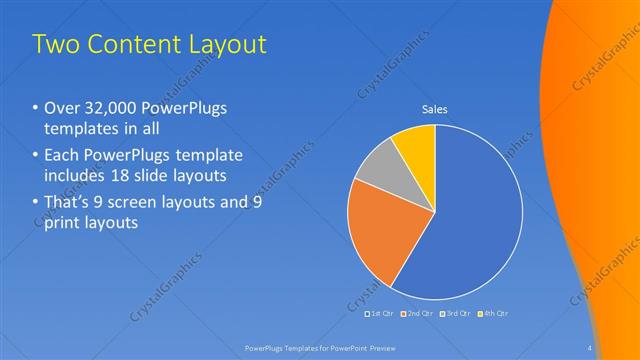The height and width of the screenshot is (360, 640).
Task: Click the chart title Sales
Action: click(434, 108)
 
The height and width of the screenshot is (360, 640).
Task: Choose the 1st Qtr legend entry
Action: click(381, 313)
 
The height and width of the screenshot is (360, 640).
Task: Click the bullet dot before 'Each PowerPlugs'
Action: click(37, 156)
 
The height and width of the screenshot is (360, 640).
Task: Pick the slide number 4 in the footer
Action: click(590, 348)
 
